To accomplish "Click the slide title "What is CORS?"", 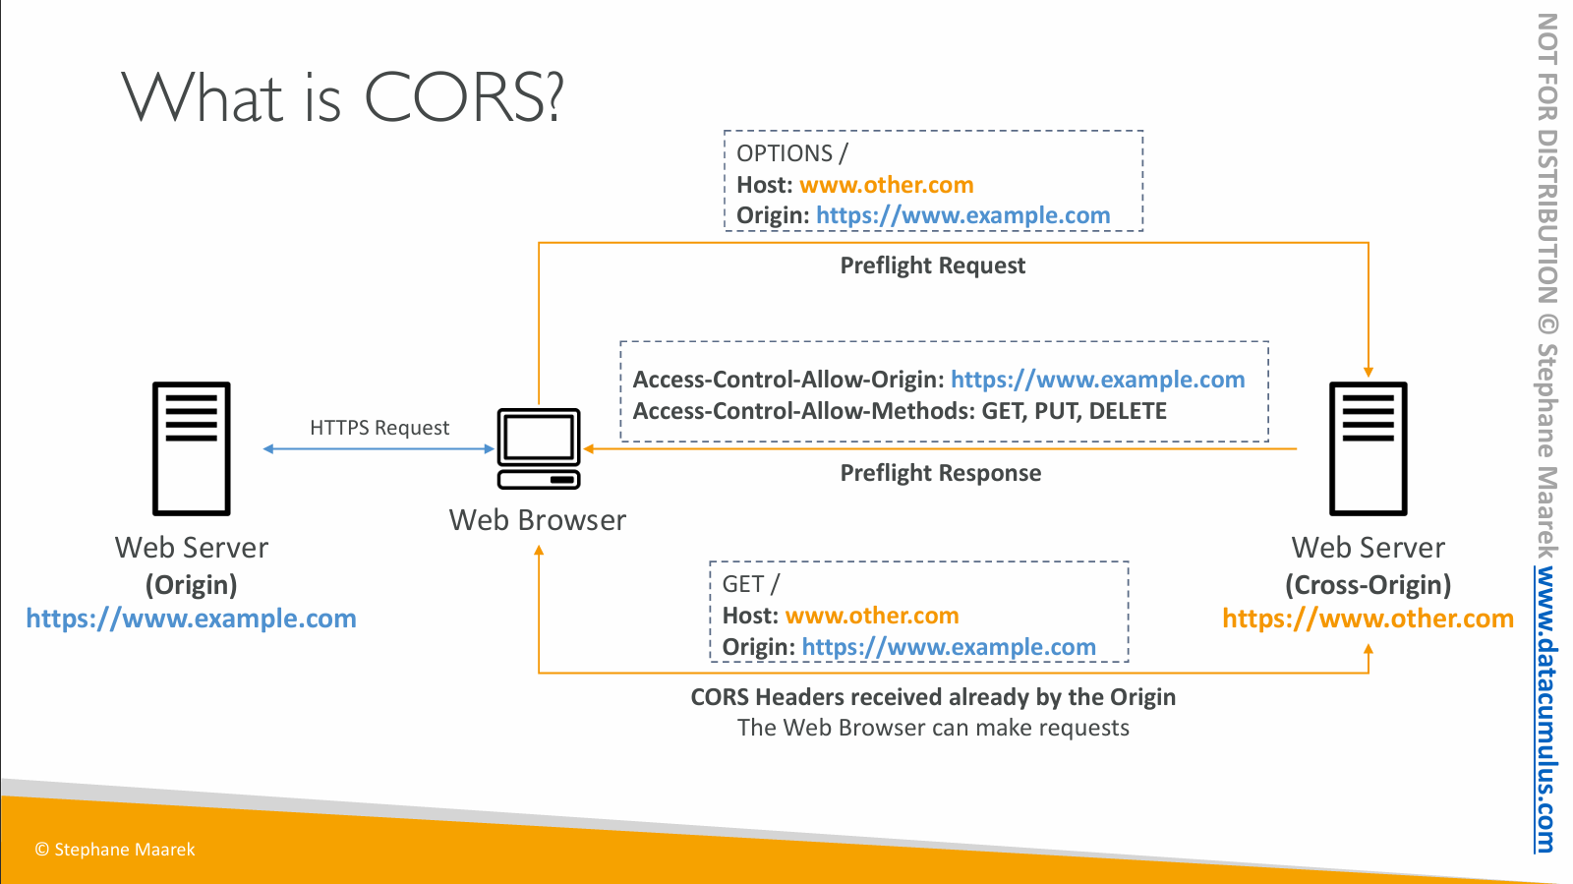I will [343, 97].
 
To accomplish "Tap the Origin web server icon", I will [192, 448].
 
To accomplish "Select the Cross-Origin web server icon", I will [1368, 448].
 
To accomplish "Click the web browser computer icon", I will [539, 448].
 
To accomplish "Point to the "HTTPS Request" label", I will [379, 428].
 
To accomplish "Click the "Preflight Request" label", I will [932, 265].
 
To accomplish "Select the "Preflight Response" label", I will [940, 473].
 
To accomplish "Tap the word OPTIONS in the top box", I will [785, 153].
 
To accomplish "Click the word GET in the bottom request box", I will [743, 584].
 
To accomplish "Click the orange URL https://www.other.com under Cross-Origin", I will [1368, 619].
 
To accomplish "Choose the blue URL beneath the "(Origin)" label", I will [191, 619].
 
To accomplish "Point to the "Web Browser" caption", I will [538, 520].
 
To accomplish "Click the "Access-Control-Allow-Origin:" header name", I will [788, 380].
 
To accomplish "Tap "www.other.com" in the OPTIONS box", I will [886, 185].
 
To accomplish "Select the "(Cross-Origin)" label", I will [1368, 585].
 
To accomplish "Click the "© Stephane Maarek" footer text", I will [115, 850].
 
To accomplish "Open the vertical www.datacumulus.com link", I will [1545, 708].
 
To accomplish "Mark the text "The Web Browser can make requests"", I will [933, 728].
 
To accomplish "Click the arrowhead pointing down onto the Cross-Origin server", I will [1368, 372].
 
